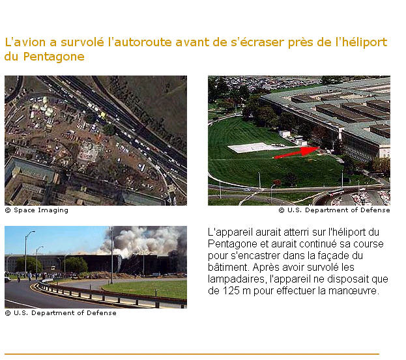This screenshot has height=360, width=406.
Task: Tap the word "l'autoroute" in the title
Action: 140,42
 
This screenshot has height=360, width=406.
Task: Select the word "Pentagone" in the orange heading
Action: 54,57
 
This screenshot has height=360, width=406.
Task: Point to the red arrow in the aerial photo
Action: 297,152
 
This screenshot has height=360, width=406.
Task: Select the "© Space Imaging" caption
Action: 36,210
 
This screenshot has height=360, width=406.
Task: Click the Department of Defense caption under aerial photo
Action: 334,210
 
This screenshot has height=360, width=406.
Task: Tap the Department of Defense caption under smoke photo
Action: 61,313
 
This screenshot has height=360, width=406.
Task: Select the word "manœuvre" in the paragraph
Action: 353,291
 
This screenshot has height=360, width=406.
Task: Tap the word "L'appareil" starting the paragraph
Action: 230,232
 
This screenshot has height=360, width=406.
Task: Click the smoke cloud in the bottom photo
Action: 144,241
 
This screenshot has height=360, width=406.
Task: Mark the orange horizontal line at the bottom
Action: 192,354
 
